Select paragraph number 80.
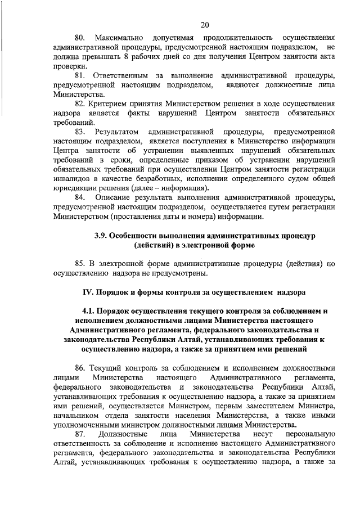tap(82, 37)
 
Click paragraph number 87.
tap(82, 434)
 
